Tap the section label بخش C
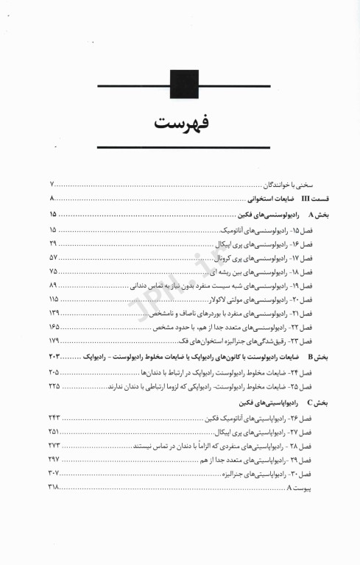320,403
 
